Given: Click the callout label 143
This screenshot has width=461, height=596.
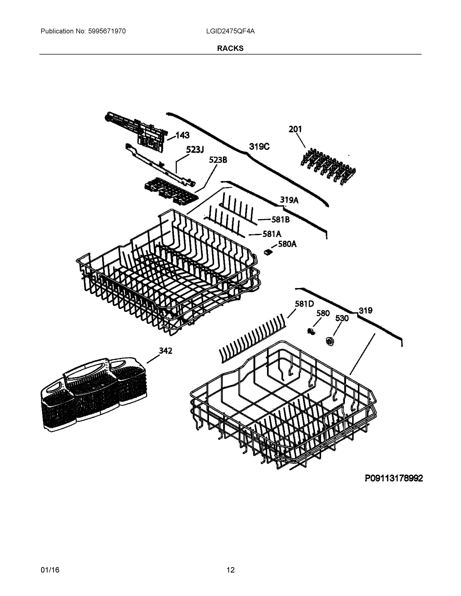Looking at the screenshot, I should click(x=182, y=135).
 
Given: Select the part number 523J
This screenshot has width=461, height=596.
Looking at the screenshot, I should click(x=195, y=149).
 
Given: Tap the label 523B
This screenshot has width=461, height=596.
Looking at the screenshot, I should click(x=218, y=160).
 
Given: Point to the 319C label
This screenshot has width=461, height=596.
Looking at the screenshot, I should click(x=259, y=147).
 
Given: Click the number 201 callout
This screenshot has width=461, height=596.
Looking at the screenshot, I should click(x=295, y=129).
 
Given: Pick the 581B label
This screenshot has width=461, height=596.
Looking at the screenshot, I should click(x=280, y=220).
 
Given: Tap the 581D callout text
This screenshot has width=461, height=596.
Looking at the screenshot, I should click(x=304, y=304).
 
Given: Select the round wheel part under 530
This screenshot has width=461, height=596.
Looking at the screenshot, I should click(x=330, y=341).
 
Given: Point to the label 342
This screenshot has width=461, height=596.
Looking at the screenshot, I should click(x=166, y=351).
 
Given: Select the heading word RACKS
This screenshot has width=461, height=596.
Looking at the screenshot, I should click(x=230, y=48).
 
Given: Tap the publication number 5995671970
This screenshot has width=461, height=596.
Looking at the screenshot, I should click(x=107, y=31).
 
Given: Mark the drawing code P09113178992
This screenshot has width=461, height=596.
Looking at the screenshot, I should click(x=394, y=478).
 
